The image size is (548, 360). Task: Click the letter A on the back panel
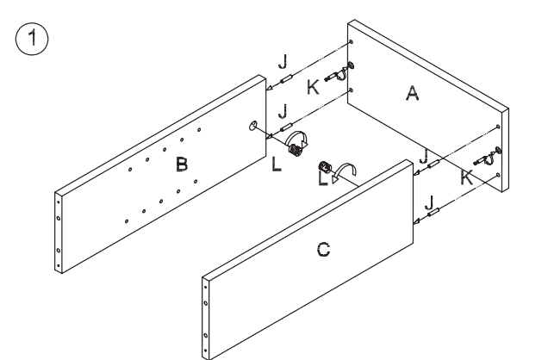pyautogui.click(x=412, y=96)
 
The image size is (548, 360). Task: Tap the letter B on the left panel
pyautogui.click(x=182, y=162)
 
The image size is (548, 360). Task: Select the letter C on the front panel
pyautogui.click(x=321, y=251)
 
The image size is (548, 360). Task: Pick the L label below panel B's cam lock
pyautogui.click(x=277, y=164)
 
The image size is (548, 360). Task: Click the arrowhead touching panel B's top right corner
pyautogui.click(x=269, y=88)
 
